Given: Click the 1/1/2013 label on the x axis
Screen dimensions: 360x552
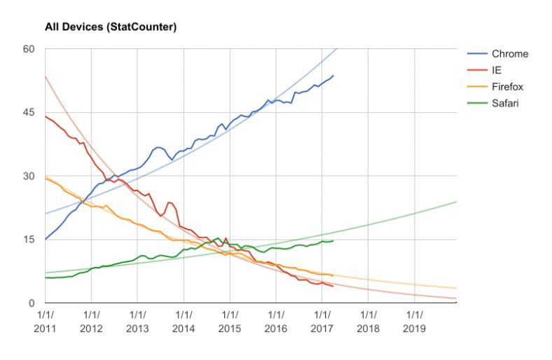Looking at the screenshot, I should [138, 321].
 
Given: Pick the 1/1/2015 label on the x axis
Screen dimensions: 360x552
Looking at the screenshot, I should [230, 321].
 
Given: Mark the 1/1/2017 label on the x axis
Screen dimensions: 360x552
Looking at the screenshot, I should [322, 321].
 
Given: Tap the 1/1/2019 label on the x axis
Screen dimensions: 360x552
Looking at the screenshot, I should [413, 321].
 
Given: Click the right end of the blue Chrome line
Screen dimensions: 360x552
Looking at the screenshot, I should [333, 76].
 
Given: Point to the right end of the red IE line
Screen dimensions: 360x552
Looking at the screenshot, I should [333, 286].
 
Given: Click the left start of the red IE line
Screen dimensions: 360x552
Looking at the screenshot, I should [46, 116].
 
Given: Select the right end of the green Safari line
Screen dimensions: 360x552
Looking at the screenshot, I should [333, 241].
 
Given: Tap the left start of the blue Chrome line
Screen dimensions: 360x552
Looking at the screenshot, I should [46, 240].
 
